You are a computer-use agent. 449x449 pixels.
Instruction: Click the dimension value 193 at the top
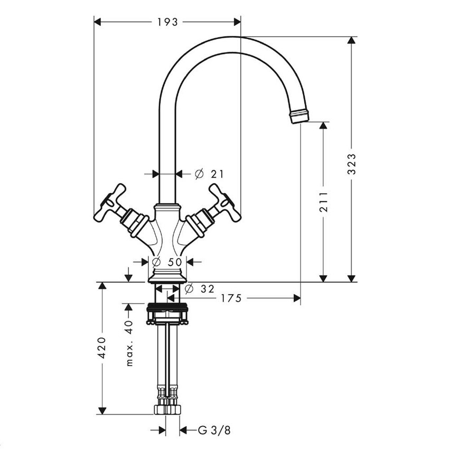(167, 22)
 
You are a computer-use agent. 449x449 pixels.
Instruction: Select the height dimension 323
(352, 164)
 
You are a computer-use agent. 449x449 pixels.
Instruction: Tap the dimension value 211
(324, 201)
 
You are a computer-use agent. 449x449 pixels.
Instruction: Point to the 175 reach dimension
(231, 298)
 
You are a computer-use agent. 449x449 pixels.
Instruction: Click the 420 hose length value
(102, 347)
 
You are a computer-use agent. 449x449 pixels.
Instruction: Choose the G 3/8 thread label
(214, 430)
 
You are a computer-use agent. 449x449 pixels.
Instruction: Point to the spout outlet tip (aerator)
(300, 116)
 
